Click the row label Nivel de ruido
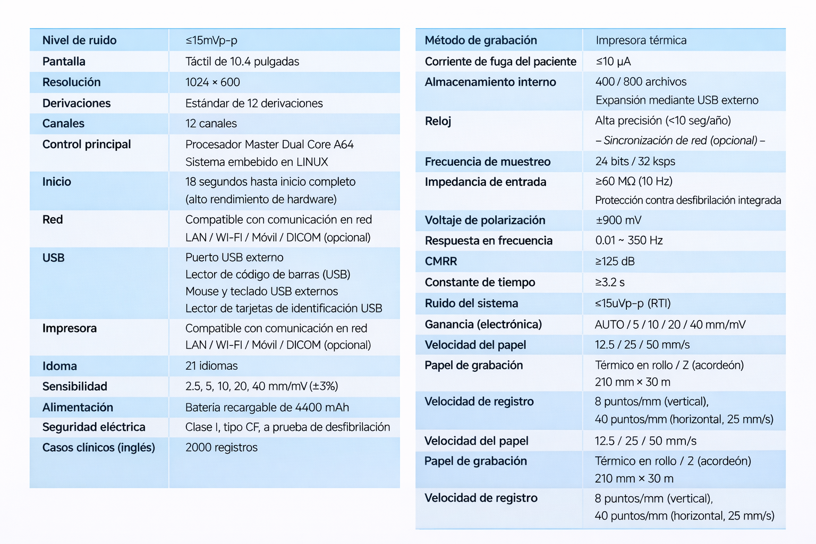click(79, 40)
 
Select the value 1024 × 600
click(212, 82)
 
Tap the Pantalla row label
click(64, 62)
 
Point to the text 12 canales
click(211, 124)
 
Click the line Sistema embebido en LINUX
click(257, 162)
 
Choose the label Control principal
click(87, 144)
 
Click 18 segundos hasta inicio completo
click(270, 182)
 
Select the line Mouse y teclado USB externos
click(261, 292)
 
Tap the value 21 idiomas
click(211, 366)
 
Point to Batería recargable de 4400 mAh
click(267, 407)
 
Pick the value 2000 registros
click(222, 448)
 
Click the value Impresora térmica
click(641, 40)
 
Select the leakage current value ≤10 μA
click(613, 62)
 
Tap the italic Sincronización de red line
click(680, 141)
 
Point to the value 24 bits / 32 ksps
click(635, 161)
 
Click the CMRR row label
click(441, 261)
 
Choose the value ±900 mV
click(618, 220)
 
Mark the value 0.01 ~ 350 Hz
click(629, 241)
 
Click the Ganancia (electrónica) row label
click(483, 325)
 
